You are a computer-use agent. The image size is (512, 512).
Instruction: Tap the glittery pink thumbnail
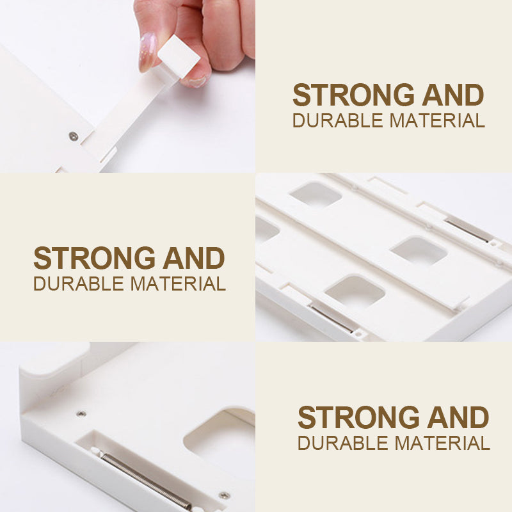147,52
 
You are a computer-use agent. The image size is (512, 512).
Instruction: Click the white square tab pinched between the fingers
179,56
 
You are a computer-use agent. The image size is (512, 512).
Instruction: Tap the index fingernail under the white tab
195,81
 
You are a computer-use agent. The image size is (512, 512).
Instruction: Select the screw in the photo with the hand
74,136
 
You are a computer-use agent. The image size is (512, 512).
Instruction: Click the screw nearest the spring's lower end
225,495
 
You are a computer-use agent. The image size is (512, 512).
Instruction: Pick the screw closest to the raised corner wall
81,414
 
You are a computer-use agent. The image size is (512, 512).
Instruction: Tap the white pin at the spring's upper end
96,451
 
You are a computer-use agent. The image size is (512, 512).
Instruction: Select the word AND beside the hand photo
453,95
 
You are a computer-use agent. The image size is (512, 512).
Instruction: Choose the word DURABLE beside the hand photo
338,120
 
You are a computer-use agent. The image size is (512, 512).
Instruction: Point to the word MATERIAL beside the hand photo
437,120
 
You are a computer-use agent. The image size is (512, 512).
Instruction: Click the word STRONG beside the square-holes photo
94,258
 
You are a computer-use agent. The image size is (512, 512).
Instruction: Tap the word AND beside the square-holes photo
194,258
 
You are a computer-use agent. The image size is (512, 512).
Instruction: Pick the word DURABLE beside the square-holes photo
79,284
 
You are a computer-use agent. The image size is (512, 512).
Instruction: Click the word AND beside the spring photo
458,417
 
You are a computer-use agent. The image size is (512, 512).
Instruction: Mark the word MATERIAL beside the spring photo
442,443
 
